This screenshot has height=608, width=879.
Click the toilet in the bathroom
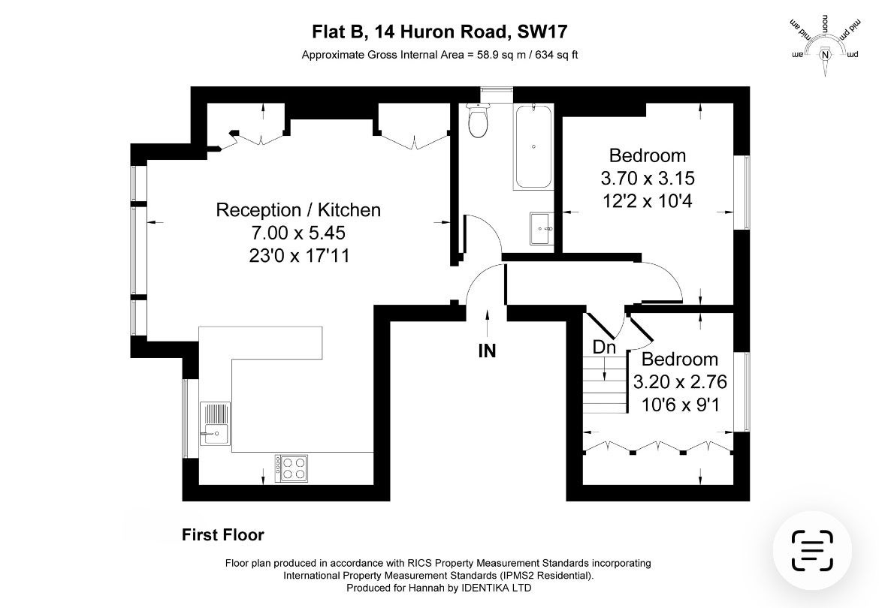tap(478, 120)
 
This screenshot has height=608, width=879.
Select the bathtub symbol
tap(533, 146)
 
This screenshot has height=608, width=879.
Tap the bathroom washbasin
tap(542, 228)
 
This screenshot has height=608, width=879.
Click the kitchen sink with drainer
tap(215, 424)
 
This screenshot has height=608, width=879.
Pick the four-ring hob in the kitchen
tap(291, 468)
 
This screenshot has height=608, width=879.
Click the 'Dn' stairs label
tap(604, 348)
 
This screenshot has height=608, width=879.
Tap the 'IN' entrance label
tap(487, 351)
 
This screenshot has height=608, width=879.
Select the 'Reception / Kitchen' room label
tap(298, 210)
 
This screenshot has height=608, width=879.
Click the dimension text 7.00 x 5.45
tap(298, 233)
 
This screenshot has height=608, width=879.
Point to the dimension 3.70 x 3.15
tap(648, 178)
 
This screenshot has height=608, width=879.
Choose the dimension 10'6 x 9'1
tap(680, 405)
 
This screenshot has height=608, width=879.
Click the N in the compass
tap(825, 54)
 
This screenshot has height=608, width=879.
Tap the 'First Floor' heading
tap(223, 535)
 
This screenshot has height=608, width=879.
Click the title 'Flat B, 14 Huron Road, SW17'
tap(440, 32)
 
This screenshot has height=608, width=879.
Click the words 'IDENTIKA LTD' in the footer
tap(496, 588)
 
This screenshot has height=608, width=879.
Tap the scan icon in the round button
tap(812, 550)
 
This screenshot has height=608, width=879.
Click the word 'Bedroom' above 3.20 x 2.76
tap(680, 359)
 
